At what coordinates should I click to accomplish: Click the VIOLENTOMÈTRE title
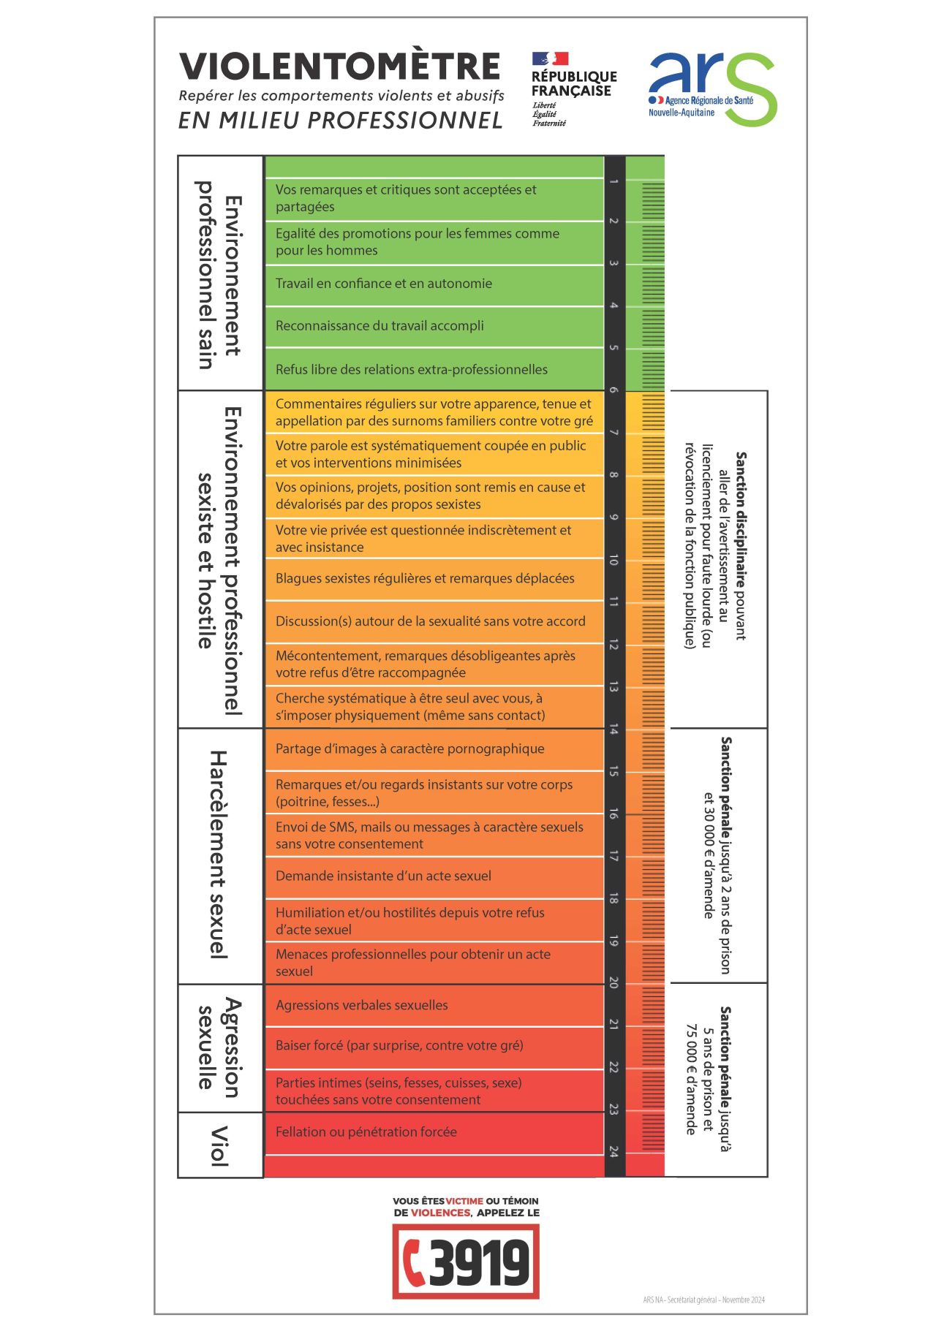340,67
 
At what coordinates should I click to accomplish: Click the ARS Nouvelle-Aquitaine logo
712,88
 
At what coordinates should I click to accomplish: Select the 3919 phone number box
466,1262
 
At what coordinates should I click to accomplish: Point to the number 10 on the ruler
614,561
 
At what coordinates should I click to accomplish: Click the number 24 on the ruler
614,1151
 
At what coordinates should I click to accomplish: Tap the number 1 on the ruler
614,181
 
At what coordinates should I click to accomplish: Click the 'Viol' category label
219,1145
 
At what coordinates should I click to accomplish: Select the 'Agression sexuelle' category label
219,1047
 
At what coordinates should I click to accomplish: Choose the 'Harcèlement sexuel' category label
219,854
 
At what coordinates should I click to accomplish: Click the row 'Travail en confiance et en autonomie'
384,284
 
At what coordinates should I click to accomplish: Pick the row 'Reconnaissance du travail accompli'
380,326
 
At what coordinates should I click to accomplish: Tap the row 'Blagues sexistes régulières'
425,579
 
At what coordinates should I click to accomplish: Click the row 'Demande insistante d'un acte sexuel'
383,876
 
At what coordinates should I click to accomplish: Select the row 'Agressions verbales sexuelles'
362,1006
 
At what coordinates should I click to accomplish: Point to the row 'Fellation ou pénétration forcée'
366,1132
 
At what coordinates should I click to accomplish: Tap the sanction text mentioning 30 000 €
717,855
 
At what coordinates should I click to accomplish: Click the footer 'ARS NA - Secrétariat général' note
703,1300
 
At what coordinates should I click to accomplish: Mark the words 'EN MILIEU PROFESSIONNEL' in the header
341,121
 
